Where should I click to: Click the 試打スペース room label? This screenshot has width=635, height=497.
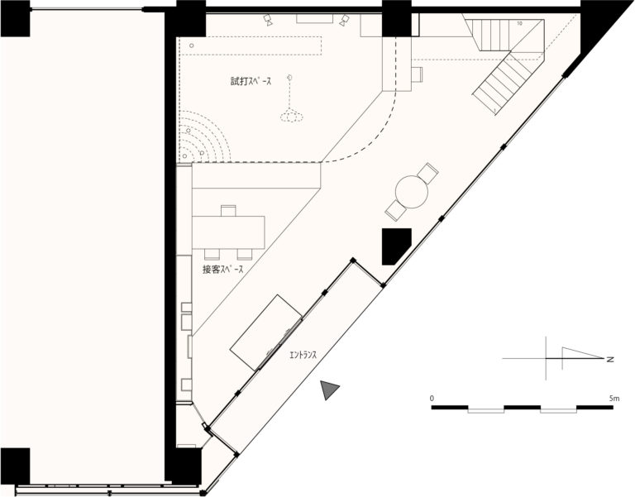(x=251, y=81)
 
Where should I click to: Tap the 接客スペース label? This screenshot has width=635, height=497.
(x=222, y=269)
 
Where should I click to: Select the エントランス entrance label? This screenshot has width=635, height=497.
(x=303, y=356)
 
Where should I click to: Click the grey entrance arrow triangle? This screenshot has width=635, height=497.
(x=329, y=389)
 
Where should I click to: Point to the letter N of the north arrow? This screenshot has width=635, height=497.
(x=610, y=359)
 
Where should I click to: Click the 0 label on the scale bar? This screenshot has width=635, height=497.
(x=432, y=398)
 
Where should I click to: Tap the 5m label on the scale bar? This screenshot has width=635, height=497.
(x=614, y=398)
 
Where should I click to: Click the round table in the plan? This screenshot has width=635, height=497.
(x=412, y=192)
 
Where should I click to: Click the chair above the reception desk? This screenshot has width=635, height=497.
(x=228, y=211)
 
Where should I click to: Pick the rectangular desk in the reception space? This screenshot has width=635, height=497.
(x=228, y=232)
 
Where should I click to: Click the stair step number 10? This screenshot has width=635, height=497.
(x=519, y=23)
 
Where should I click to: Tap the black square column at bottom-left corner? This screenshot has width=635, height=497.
(x=15, y=466)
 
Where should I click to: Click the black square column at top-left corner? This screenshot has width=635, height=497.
(x=15, y=18)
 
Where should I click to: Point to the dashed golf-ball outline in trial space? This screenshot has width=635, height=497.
(x=292, y=117)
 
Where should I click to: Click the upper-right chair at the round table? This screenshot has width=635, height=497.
(x=427, y=173)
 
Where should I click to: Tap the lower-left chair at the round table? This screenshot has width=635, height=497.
(x=396, y=211)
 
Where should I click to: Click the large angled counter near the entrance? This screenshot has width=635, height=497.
(x=265, y=332)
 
